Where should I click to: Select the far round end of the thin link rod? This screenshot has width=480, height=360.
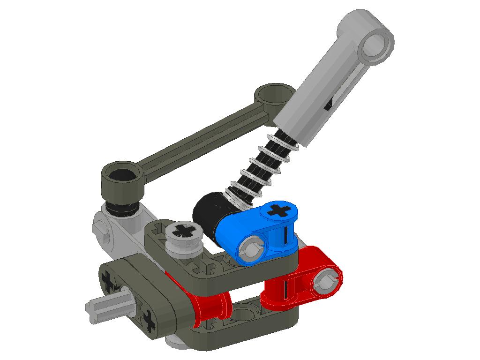274,94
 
